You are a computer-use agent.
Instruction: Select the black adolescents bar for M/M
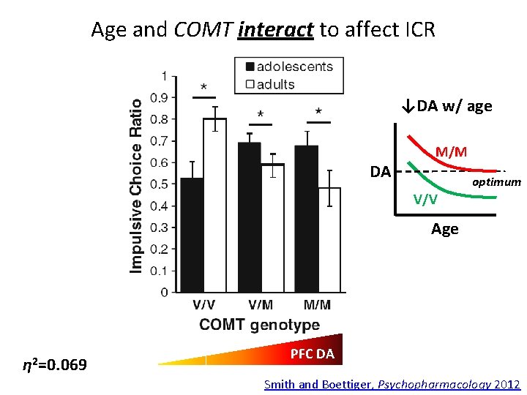pos(307,219)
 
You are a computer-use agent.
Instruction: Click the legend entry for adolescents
pos(289,67)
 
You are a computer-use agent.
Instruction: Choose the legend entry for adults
pos(274,84)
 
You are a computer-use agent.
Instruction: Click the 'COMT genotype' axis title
pos(259,324)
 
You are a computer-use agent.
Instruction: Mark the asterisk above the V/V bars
pos(203,86)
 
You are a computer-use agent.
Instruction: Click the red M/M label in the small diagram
pos(451,151)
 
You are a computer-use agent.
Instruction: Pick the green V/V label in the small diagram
pos(425,198)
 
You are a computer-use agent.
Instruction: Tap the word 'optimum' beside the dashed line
pos(496,181)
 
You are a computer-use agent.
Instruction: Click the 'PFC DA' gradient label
pos(312,354)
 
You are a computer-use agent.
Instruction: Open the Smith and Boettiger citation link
pos(392,384)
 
